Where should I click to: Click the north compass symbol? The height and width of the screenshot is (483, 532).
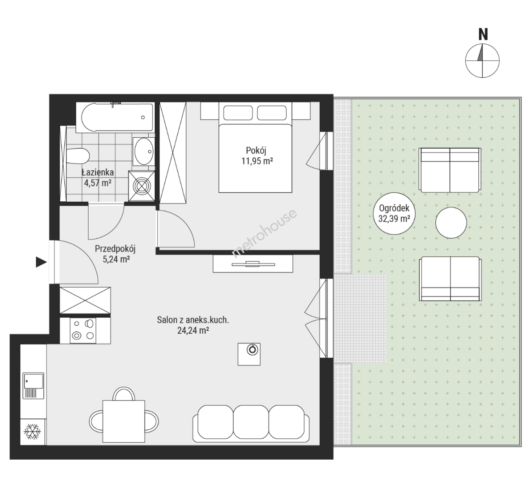click(482, 60)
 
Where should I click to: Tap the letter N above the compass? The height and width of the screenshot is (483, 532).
click(483, 34)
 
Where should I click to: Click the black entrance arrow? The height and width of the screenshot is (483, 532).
click(41, 262)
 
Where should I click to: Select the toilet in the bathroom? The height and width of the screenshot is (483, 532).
click(78, 156)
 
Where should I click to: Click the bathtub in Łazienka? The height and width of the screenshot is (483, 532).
click(115, 117)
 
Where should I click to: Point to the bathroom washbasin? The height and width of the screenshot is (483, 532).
click(144, 152)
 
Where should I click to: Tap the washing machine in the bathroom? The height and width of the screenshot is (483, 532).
click(142, 186)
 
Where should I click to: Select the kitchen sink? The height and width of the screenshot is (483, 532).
click(33, 386)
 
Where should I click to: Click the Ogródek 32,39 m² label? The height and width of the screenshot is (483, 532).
click(394, 213)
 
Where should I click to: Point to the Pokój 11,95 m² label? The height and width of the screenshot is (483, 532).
click(257, 156)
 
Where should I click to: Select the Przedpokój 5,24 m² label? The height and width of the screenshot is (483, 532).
click(116, 254)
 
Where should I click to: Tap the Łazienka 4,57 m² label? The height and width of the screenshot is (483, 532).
click(98, 178)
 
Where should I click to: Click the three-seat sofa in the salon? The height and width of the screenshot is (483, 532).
click(251, 424)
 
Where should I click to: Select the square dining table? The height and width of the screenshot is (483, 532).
click(124, 421)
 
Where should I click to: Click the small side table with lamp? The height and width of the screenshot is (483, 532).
click(249, 354)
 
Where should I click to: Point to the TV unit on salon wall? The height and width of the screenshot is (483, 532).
click(253, 264)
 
